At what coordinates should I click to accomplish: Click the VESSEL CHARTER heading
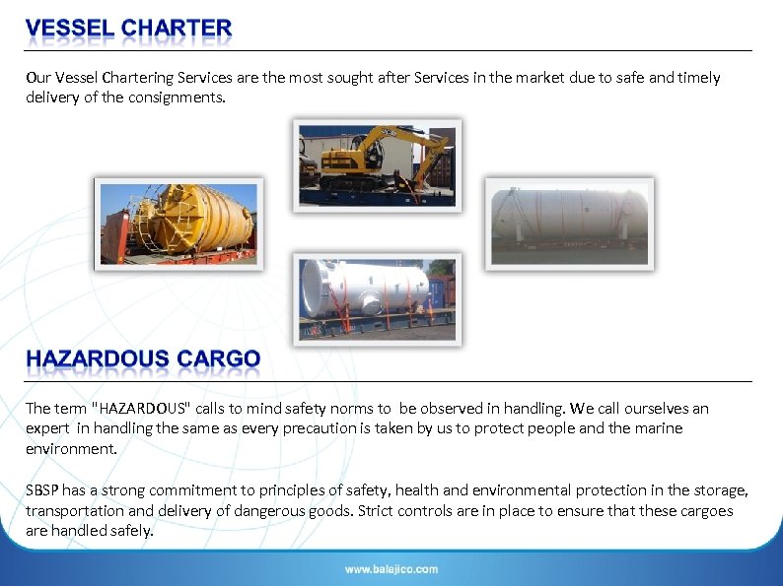[128, 30]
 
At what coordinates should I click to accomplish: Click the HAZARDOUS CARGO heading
[143, 359]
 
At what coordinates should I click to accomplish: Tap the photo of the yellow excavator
[377, 164]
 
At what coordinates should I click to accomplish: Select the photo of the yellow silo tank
[178, 224]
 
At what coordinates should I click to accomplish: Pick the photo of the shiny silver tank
[377, 297]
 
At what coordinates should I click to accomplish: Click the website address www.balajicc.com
[391, 569]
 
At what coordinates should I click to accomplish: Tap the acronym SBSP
[42, 490]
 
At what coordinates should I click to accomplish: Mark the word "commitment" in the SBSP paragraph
[184, 490]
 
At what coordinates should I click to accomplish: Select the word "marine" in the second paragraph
[661, 427]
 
